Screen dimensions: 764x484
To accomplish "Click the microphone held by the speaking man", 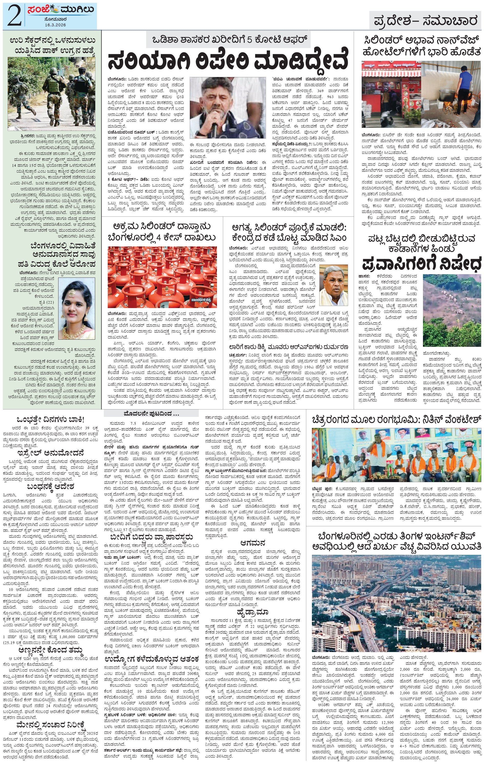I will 214,127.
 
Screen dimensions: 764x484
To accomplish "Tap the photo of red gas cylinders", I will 162,277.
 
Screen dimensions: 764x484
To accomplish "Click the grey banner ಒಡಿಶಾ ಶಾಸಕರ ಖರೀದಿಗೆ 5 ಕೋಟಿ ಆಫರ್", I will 228,39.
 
